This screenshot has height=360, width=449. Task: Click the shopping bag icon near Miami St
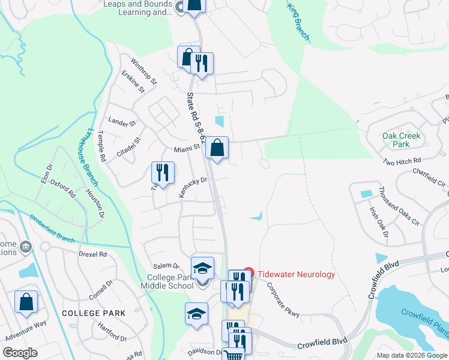217,148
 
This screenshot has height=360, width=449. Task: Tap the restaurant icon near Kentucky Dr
162,173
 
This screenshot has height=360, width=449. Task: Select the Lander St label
122,122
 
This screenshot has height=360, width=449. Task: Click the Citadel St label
128,147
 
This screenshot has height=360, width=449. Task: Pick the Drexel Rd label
92,254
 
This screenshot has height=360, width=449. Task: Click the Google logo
20,353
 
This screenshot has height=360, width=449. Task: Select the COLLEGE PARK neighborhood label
94,313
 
